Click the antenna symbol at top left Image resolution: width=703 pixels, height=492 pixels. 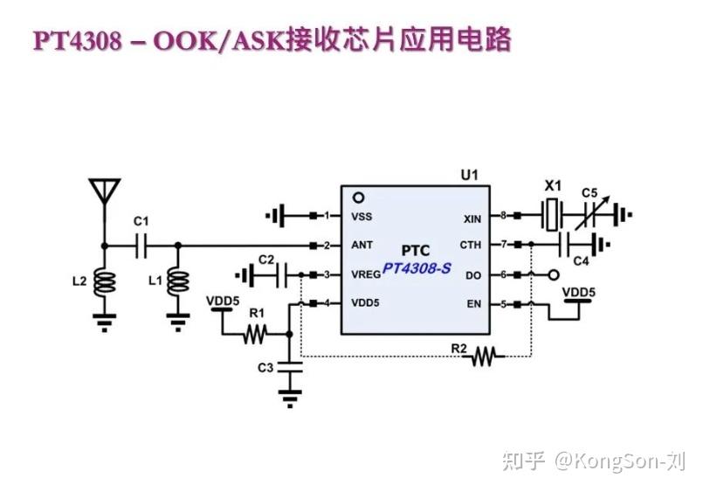[x=104, y=190]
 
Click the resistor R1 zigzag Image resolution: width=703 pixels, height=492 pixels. [x=255, y=333]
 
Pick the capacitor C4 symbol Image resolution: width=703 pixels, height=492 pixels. [x=577, y=244]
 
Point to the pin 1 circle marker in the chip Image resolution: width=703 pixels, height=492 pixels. [x=357, y=198]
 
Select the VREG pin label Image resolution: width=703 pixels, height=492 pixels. [x=365, y=274]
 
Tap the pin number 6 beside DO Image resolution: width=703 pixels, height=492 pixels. [x=503, y=274]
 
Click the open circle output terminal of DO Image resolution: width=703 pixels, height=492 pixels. [x=552, y=274]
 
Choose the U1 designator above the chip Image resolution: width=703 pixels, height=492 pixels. [x=469, y=176]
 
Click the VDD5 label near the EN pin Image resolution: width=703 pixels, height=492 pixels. [x=578, y=292]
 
